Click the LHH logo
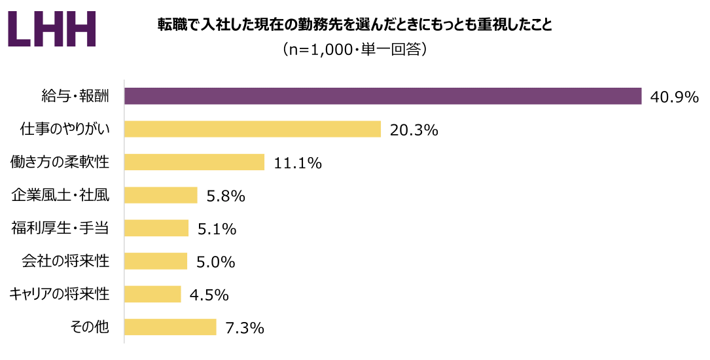point(52,29)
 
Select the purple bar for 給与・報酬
point(383,96)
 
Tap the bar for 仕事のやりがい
point(253,129)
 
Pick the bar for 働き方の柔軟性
point(194,162)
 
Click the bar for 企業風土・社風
point(161,195)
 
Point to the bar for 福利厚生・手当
point(156,228)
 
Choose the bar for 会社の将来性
point(156,261)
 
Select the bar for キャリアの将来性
point(152,294)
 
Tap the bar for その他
point(170,327)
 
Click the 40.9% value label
point(675,98)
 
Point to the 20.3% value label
point(414,130)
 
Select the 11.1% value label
point(298,163)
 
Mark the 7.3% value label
point(244,328)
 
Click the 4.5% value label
point(209,295)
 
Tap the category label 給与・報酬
point(74,96)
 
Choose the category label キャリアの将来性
point(59,294)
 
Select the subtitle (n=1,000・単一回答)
point(355,50)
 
